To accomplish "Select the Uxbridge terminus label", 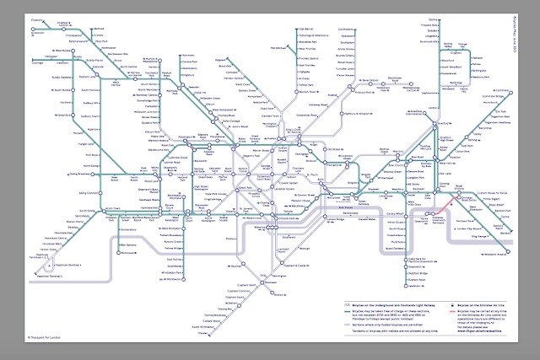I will [38, 62].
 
